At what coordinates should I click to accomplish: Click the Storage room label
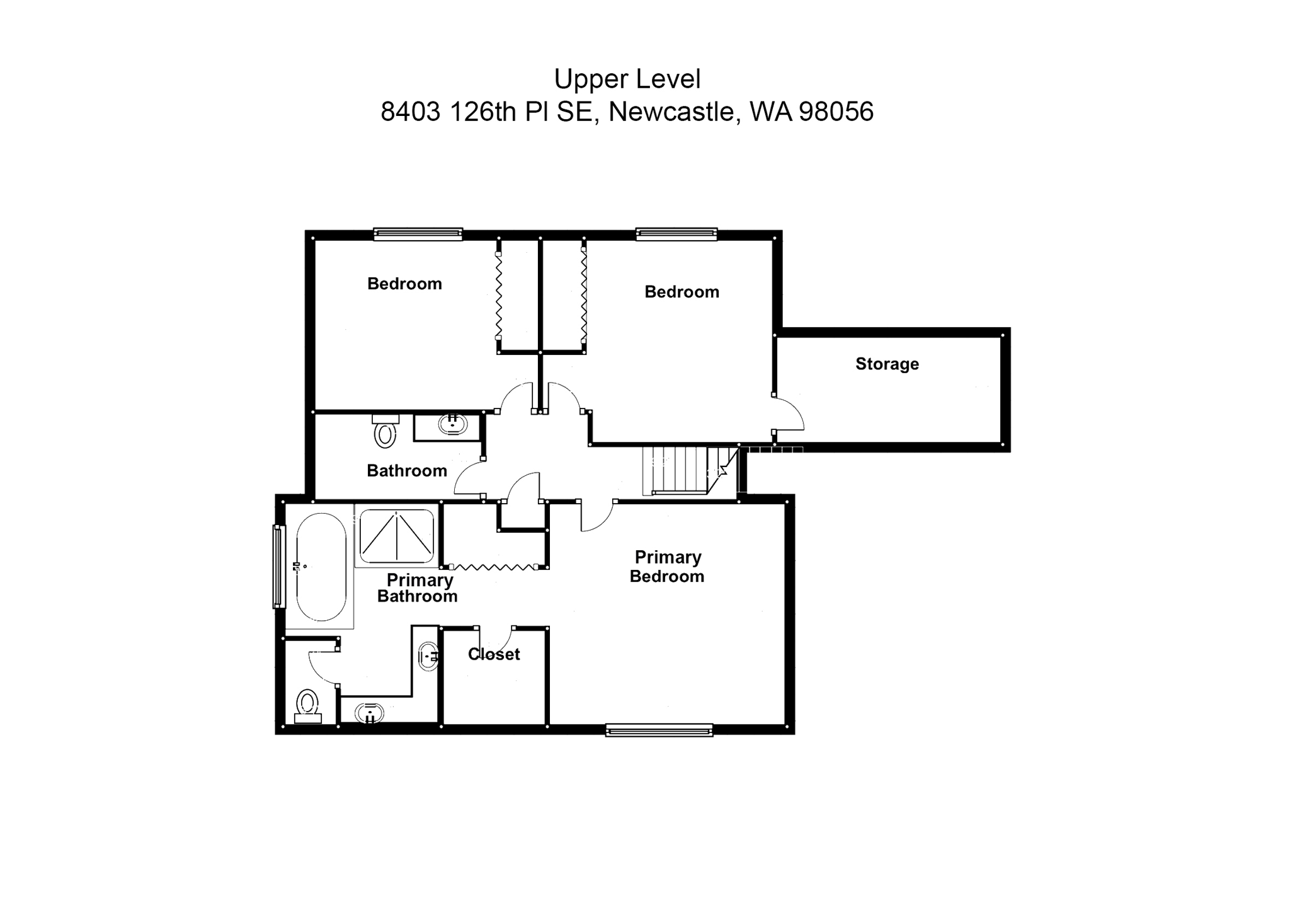tap(886, 364)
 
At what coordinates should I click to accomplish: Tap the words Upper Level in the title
tap(627, 79)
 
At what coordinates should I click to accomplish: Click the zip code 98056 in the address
tap(836, 112)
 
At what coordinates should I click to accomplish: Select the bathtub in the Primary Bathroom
tap(321, 567)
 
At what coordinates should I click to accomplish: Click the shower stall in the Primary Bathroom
tap(396, 536)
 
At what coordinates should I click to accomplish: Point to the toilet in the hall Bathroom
tap(385, 432)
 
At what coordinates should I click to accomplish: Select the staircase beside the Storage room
tap(683, 470)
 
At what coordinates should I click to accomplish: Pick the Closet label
tap(494, 654)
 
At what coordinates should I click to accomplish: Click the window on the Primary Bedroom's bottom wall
tap(659, 730)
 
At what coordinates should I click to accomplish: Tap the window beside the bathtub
tap(278, 566)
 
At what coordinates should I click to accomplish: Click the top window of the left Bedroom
tap(418, 234)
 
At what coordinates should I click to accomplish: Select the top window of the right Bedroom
tap(676, 234)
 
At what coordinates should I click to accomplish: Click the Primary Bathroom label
tap(418, 588)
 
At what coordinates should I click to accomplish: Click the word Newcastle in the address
tap(674, 112)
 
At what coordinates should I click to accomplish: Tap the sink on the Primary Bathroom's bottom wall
tap(369, 714)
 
